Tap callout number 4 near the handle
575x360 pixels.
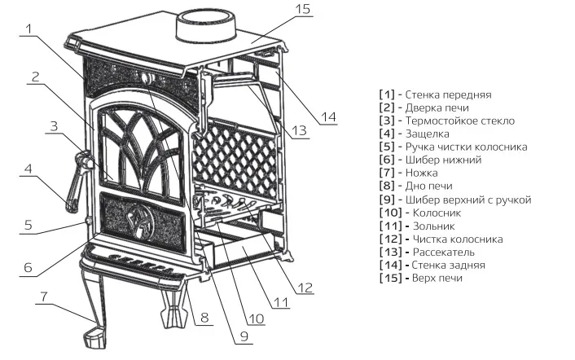pos(28,169)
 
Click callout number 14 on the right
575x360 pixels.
pos(327,116)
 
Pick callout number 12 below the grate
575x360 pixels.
pos(305,286)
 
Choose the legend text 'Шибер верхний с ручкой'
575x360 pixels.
pos(472,200)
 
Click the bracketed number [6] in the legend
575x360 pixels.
pos(386,160)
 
